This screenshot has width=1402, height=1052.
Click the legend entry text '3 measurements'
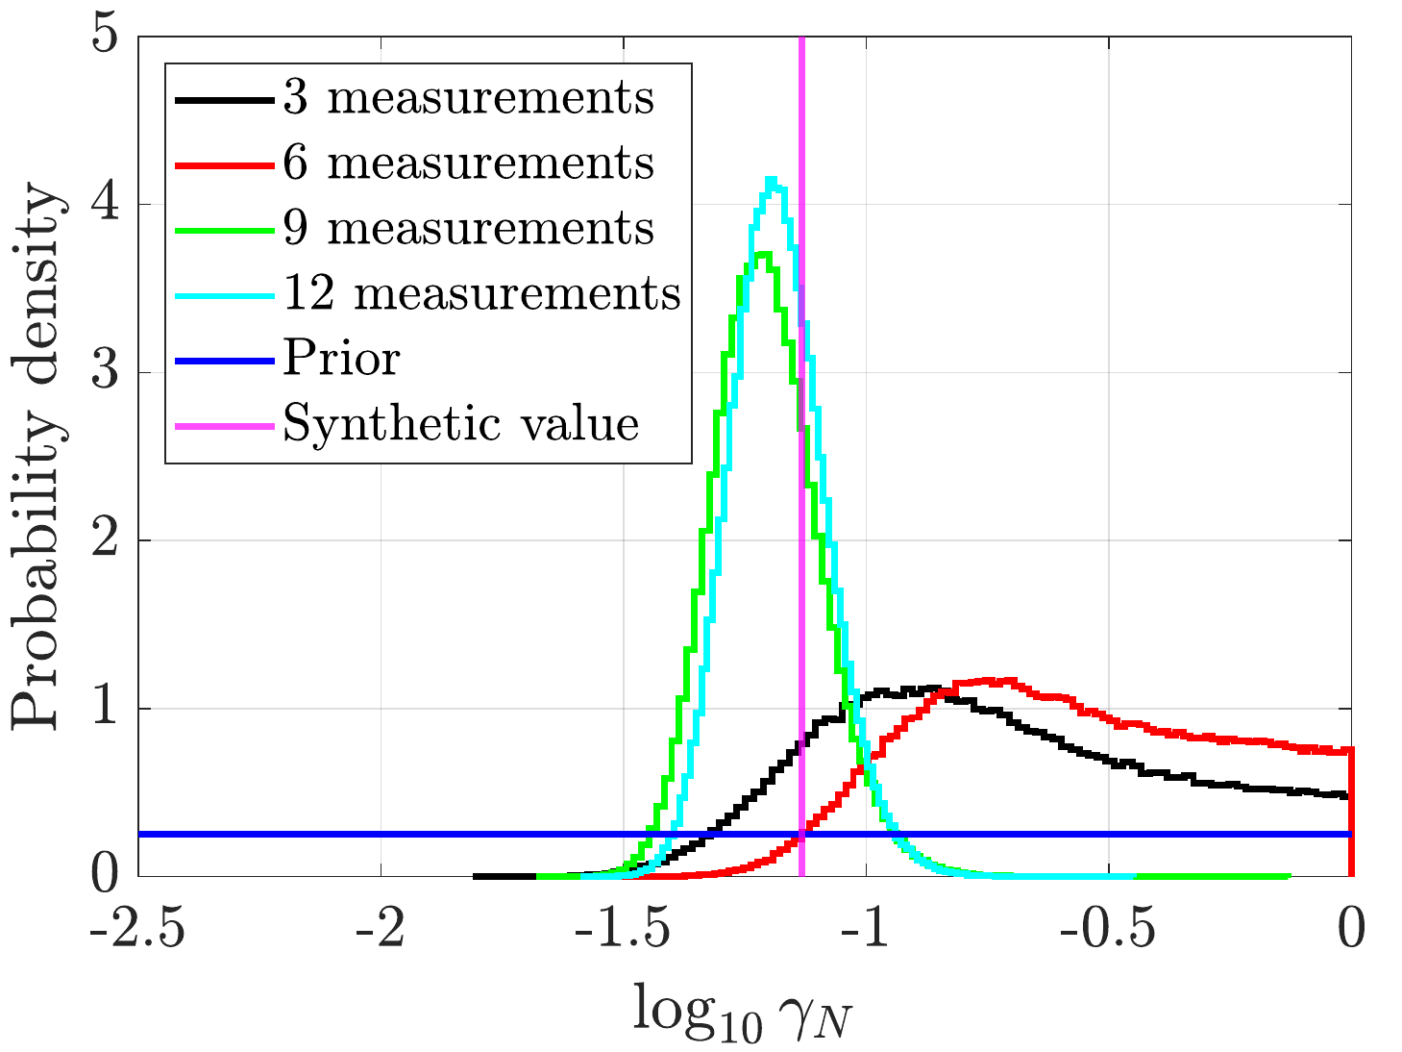469,98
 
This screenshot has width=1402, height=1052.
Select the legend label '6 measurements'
469,163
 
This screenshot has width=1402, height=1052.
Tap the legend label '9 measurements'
469,229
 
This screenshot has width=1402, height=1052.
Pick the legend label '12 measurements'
482,294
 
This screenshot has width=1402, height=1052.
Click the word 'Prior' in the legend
342,359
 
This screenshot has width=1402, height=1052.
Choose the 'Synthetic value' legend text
461,425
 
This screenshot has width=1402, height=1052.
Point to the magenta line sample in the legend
225,426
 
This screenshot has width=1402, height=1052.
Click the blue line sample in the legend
225,362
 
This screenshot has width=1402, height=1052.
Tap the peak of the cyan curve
773,181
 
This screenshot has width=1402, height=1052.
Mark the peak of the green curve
763,255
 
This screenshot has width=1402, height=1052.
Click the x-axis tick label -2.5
137,929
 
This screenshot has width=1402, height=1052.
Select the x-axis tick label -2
381,929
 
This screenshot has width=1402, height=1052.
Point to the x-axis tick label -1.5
623,929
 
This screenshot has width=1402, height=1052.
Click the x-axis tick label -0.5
1108,929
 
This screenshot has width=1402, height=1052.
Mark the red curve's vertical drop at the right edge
1351,812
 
